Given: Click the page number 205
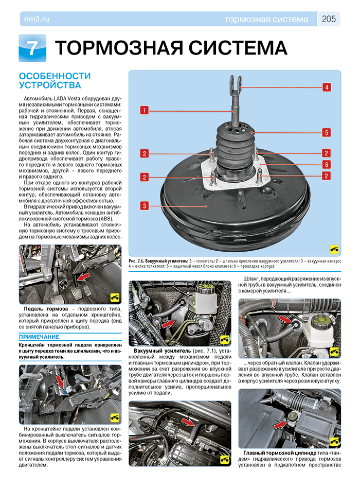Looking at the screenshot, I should point(329,19).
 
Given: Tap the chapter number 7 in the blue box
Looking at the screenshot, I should point(32,48).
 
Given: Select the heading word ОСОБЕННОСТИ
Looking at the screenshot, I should point(55,76).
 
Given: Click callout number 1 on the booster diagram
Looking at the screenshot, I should point(146,110).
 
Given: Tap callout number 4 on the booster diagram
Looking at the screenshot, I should point(326,87).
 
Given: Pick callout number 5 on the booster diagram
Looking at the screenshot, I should point(326,132).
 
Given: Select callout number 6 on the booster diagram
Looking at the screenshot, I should point(326,164).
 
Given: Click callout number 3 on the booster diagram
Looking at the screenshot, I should point(146,206).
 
